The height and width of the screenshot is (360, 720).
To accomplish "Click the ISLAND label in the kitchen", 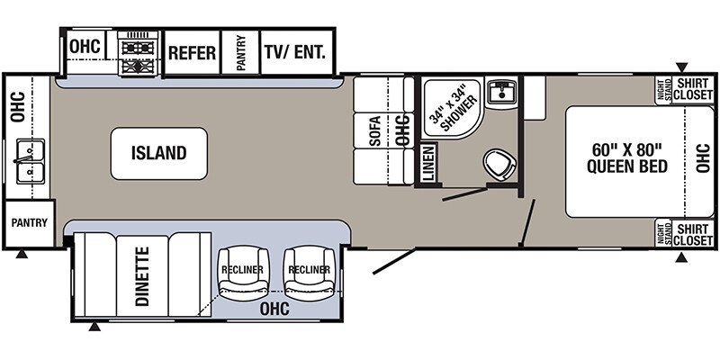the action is tap(159, 153).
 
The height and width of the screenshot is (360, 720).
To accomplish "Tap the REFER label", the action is tap(192, 53).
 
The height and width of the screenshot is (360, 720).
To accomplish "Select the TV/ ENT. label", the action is tap(295, 51).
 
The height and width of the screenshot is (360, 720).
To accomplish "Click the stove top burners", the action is tap(138, 54).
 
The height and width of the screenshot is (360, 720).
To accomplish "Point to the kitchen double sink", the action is tap(31, 161).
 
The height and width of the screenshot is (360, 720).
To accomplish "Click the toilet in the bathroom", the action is tap(499, 165).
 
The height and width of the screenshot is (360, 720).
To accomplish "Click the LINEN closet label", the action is tap(428, 163).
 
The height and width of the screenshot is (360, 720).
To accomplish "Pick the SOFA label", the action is tap(375, 131).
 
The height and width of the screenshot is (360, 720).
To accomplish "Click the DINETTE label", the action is tap(142, 276).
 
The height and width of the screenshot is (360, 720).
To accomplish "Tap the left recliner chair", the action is tap(243, 273).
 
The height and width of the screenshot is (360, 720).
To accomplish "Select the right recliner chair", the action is tap(310, 273).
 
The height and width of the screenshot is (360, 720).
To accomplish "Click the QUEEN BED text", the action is tap(626, 166).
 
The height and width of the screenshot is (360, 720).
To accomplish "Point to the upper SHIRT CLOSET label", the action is tap(693, 89).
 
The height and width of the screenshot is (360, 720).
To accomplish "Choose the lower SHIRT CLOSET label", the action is tap(693, 234).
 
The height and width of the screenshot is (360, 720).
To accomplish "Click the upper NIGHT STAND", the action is tap(663, 89).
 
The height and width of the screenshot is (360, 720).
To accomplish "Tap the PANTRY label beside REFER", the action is tap(241, 52).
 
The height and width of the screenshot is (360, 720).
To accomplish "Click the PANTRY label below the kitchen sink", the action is tap(30, 222).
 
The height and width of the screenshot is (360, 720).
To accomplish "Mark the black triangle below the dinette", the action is tap(94, 327).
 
